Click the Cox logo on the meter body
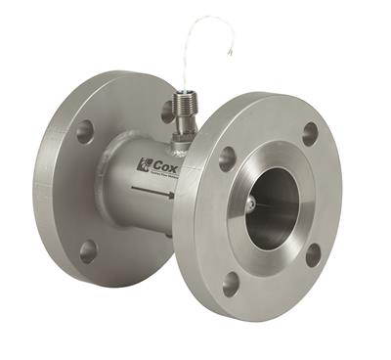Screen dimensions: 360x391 pyautogui.click(x=155, y=165)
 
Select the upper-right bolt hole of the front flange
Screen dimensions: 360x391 pyautogui.click(x=310, y=134)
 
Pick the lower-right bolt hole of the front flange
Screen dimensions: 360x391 pyautogui.click(x=313, y=254)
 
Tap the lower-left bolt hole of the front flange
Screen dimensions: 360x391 pyautogui.click(x=231, y=283)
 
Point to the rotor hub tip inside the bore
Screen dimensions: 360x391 pyautogui.click(x=251, y=203)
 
